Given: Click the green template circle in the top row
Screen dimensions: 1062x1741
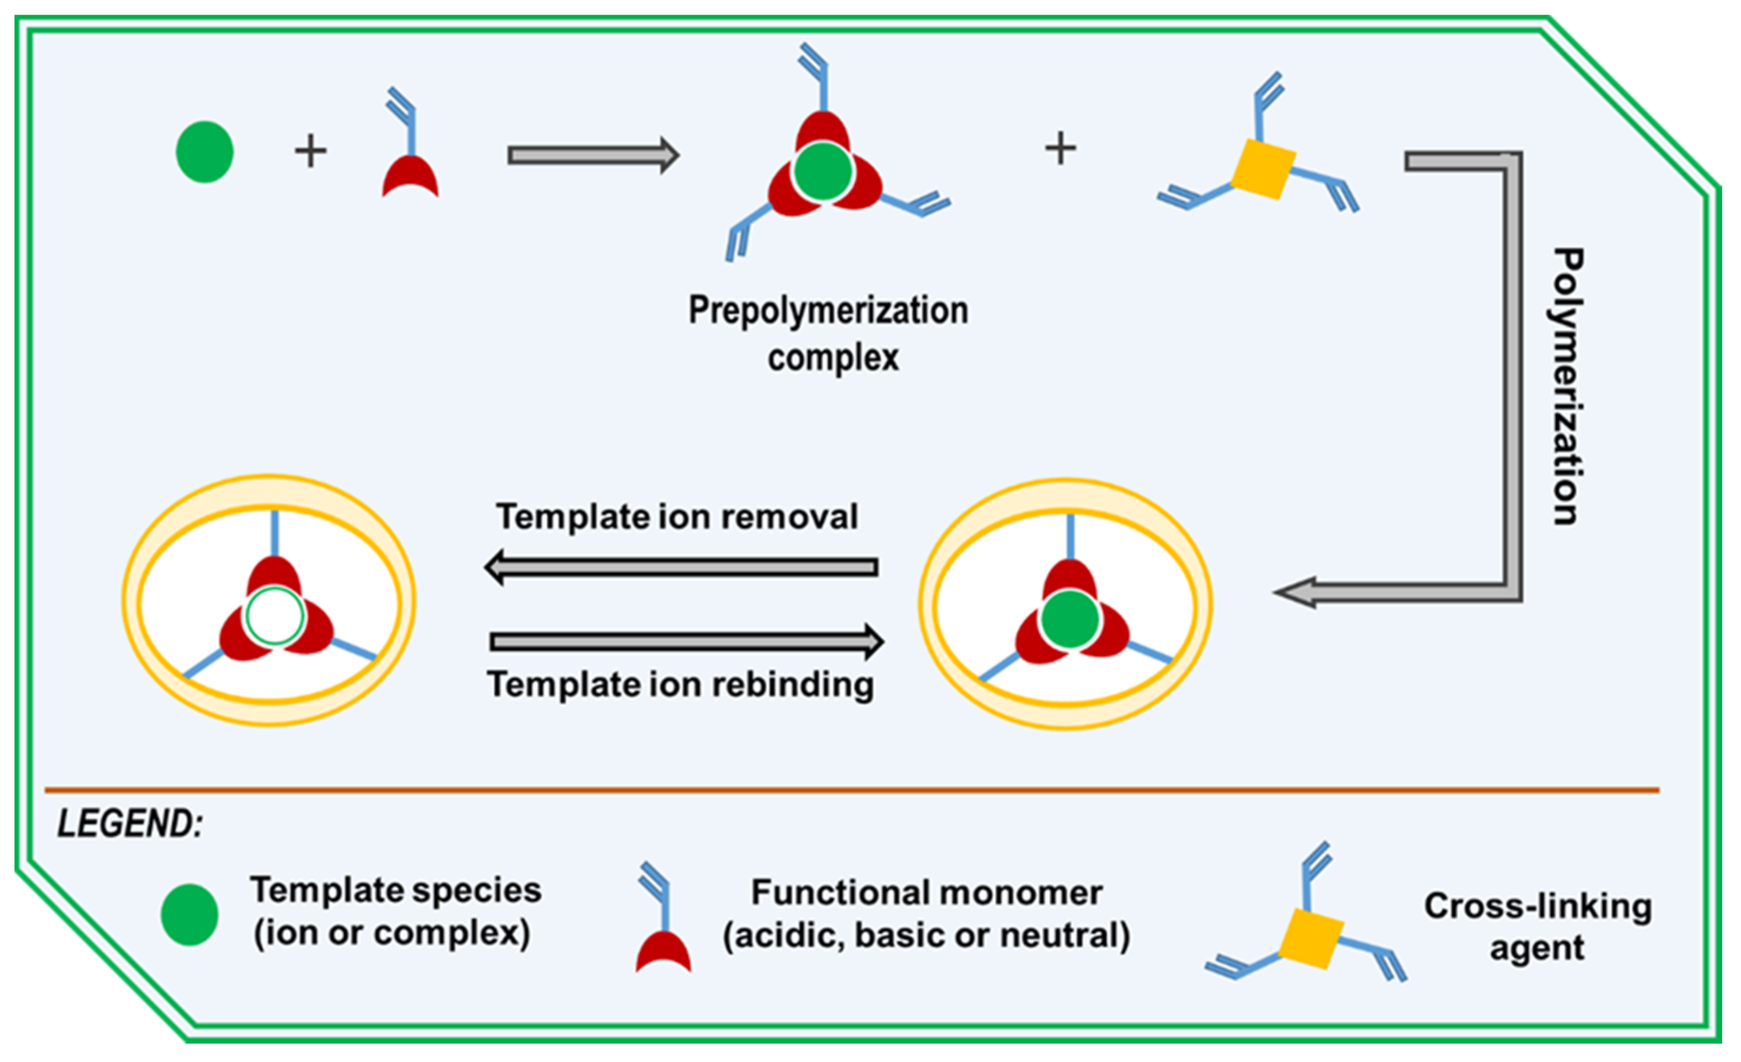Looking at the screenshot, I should pyautogui.click(x=204, y=152).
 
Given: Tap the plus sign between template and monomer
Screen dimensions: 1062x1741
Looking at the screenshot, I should pyautogui.click(x=310, y=151).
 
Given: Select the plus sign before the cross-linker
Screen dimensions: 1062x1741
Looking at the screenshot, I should pyautogui.click(x=1060, y=149).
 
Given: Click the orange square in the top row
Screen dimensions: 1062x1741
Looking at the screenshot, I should pyautogui.click(x=1262, y=169).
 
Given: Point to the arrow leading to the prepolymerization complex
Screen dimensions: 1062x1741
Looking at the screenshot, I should pyautogui.click(x=592, y=155).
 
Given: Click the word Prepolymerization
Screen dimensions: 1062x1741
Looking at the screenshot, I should pyautogui.click(x=828, y=311).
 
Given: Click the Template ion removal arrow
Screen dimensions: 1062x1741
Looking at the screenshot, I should pyautogui.click(x=681, y=567).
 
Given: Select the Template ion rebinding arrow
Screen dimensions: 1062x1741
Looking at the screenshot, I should pyautogui.click(x=685, y=642).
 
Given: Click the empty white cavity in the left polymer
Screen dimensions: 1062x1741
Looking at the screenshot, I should pyautogui.click(x=275, y=616).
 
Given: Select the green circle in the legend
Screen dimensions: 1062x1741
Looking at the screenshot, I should pyautogui.click(x=189, y=914).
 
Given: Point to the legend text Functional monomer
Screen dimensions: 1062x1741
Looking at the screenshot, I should pyautogui.click(x=926, y=893).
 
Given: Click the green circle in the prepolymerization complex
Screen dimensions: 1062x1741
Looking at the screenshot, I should pyautogui.click(x=822, y=171).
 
